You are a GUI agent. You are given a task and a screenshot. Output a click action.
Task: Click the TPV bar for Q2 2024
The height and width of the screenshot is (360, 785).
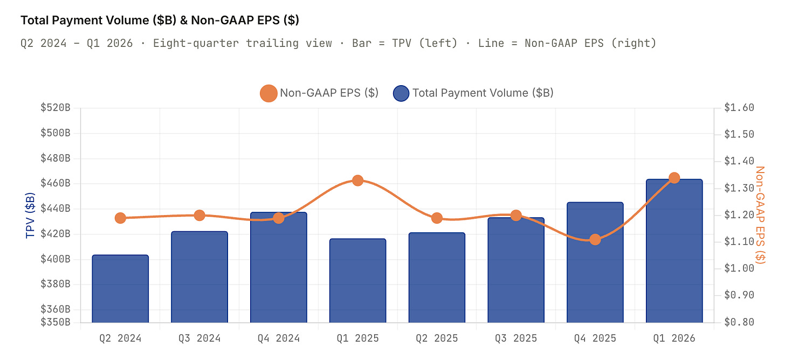120,288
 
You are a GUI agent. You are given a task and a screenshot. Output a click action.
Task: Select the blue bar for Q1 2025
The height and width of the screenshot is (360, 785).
357,280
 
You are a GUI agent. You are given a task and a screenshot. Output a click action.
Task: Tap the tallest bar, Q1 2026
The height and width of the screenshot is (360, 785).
674,251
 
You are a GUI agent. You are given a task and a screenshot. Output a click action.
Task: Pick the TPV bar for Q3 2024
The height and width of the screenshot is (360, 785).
199,276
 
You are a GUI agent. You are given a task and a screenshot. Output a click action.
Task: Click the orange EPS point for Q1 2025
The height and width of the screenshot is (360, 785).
357,181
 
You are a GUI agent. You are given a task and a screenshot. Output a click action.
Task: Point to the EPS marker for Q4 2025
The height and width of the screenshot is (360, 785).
595,239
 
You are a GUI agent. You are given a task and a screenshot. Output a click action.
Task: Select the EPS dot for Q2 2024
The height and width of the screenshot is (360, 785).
120,218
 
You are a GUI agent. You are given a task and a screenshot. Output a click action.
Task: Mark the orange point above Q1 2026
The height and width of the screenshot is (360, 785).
674,178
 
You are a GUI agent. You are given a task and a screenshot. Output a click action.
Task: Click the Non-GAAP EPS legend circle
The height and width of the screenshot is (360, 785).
268,93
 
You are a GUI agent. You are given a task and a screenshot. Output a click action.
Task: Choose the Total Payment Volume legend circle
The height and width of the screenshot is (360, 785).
401,93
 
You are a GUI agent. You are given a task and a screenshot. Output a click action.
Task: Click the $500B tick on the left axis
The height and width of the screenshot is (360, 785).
56,133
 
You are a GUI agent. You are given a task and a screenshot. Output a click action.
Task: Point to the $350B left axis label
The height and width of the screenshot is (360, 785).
56,322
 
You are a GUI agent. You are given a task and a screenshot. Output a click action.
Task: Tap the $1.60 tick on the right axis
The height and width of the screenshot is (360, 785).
739,107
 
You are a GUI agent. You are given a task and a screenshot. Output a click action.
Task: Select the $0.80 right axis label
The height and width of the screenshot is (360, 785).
739,322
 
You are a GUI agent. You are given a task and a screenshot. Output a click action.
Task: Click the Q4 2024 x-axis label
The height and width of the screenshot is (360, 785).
279,338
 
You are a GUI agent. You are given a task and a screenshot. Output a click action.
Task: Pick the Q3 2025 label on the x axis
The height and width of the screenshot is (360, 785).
516,338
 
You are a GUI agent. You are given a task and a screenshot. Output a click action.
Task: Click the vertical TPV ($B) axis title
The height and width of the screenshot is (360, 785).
30,215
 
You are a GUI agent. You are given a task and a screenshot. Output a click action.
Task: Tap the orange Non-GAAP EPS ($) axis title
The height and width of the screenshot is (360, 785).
760,215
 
